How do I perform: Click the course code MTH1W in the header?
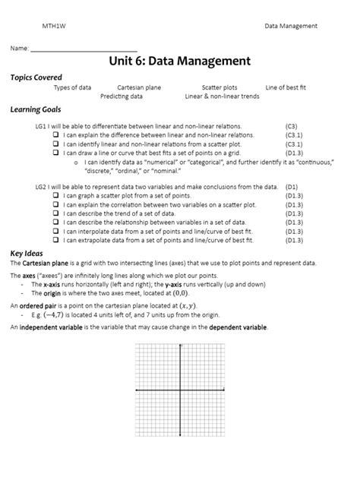(52, 26)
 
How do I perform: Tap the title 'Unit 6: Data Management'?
(180, 60)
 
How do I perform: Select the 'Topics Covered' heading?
(36, 77)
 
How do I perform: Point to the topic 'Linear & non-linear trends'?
(222, 96)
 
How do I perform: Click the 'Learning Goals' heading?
(35, 110)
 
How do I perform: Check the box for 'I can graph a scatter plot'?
(55, 195)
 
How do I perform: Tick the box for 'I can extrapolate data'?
(55, 240)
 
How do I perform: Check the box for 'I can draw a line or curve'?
(55, 152)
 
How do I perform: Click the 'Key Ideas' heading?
(27, 253)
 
